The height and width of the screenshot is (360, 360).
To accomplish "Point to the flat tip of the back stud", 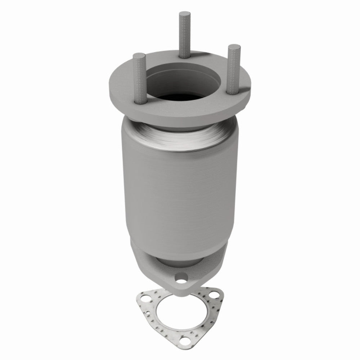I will [x=183, y=14].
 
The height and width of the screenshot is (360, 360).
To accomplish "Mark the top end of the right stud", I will [x=234, y=47].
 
